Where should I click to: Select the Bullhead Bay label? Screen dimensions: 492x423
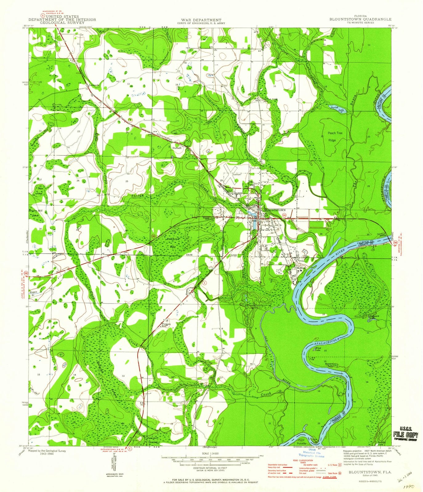pyautogui.click(x=173, y=245)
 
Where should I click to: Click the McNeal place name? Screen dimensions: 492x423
pyautogui.click(x=300, y=268)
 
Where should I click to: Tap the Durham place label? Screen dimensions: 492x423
pyautogui.click(x=177, y=148)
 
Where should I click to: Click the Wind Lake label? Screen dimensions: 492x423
pyautogui.click(x=317, y=349)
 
